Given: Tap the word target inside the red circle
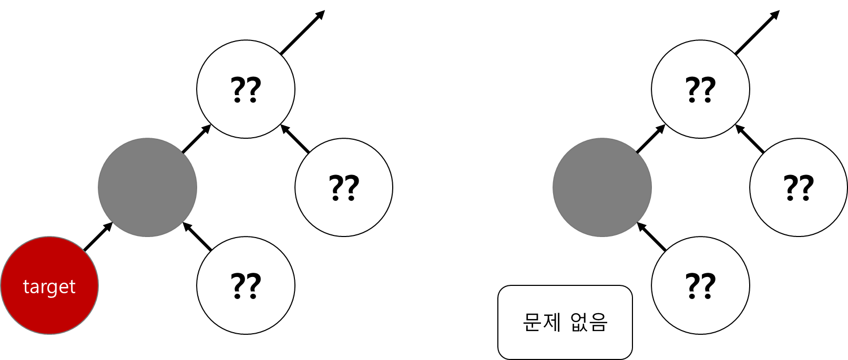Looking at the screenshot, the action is pos(49,287).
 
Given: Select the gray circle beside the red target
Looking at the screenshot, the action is pos(147,187).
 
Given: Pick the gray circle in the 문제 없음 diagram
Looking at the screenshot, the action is pos(602,187).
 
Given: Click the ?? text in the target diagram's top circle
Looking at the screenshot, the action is pos(246,90).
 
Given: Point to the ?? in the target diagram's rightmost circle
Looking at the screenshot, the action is pos(344,188).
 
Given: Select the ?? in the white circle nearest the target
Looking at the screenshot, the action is pos(246,286).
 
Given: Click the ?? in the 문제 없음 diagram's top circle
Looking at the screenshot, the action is pos(700,90).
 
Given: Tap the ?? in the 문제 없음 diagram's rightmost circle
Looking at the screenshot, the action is pos(799,188).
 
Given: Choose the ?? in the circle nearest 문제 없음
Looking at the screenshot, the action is pos(700,286).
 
